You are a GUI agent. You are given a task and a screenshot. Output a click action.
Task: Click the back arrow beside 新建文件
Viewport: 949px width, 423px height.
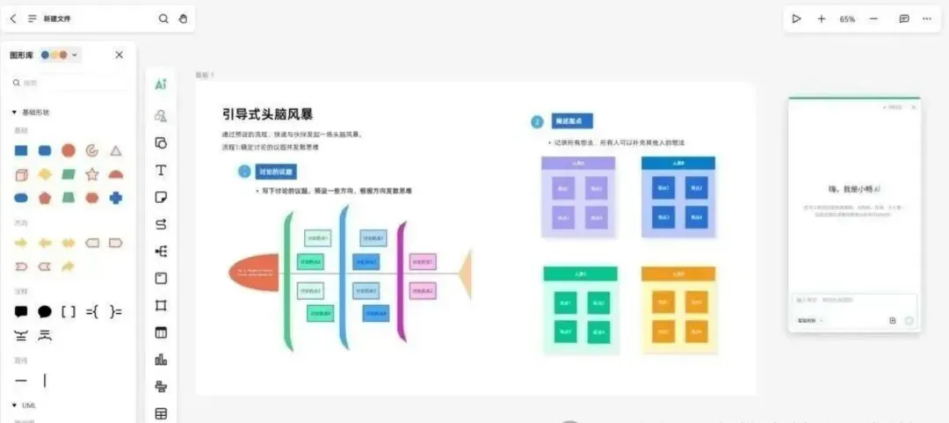point(12,18)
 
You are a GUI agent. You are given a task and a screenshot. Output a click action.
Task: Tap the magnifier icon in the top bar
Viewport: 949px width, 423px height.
point(163,18)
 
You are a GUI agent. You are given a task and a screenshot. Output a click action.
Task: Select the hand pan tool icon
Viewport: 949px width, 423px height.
point(183,18)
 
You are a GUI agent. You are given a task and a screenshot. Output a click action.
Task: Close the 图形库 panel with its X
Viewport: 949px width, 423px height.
point(120,55)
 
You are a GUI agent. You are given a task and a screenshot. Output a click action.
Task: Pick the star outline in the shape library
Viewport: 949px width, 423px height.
point(91,174)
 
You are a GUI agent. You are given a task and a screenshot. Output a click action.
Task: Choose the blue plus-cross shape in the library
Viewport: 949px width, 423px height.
point(115,198)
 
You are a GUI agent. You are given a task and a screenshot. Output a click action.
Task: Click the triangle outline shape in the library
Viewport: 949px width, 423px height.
point(115,151)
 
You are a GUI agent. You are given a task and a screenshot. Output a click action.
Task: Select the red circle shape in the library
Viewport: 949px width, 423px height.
point(68,151)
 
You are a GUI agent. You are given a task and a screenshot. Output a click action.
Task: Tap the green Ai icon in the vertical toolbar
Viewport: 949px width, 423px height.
point(161,84)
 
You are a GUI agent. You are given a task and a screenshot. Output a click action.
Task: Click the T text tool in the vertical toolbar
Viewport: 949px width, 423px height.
point(161,170)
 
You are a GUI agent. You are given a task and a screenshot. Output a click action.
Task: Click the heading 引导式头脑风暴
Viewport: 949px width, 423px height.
point(268,114)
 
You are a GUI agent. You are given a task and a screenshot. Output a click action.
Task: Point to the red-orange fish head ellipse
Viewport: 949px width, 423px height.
point(254,271)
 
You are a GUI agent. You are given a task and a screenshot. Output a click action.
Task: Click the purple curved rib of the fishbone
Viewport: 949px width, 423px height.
point(401,281)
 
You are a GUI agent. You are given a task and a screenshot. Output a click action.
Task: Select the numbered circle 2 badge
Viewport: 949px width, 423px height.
point(537,121)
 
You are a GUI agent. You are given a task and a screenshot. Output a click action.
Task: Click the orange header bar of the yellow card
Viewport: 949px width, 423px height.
point(678,273)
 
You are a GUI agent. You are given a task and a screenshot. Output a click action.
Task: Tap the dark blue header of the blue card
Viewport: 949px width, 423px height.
point(678,163)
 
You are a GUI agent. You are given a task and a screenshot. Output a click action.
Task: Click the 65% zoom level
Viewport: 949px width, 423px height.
point(847,18)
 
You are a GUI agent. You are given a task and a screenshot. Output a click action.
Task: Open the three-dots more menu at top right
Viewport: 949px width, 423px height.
point(926,18)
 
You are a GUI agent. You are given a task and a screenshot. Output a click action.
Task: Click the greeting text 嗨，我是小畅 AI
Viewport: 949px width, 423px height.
point(853,189)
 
